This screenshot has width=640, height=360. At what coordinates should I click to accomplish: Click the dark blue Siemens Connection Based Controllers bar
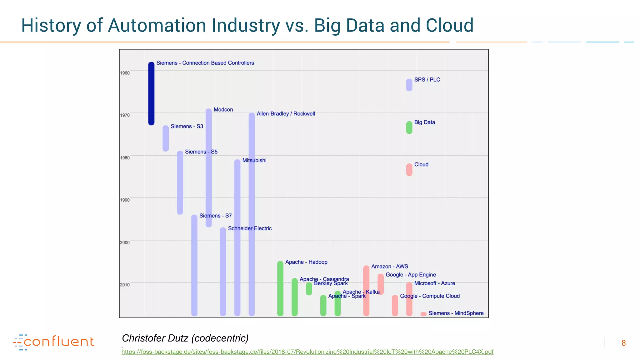[x=151, y=94]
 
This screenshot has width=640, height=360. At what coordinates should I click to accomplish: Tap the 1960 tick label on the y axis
[x=125, y=73]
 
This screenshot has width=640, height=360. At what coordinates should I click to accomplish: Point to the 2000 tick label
[x=125, y=242]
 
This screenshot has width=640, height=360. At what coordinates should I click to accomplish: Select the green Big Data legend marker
[x=409, y=127]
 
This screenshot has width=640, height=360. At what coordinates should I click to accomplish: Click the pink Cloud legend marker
[x=409, y=170]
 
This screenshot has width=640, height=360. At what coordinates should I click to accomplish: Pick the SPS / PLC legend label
[x=427, y=80]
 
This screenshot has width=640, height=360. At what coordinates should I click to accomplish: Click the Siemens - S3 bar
[x=166, y=138]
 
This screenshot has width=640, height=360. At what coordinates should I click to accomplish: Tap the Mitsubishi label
[x=254, y=160]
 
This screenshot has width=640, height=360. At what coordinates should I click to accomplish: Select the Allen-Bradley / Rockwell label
[x=286, y=114]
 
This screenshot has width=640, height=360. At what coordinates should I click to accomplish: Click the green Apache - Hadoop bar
[x=280, y=288]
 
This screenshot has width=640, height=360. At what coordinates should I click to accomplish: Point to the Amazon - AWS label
[x=389, y=267]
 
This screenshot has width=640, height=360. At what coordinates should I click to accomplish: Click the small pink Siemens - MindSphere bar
[x=423, y=314]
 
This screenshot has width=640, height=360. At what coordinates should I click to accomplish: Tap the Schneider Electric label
[x=250, y=228]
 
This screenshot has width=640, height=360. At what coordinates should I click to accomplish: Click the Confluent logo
[x=54, y=342]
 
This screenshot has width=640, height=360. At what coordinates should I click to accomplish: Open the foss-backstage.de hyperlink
[x=307, y=352]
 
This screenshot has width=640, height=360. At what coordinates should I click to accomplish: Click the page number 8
[x=623, y=343]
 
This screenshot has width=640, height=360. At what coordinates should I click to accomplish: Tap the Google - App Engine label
[x=411, y=275]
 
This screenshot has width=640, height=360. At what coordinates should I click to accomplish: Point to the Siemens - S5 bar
[x=180, y=183]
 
